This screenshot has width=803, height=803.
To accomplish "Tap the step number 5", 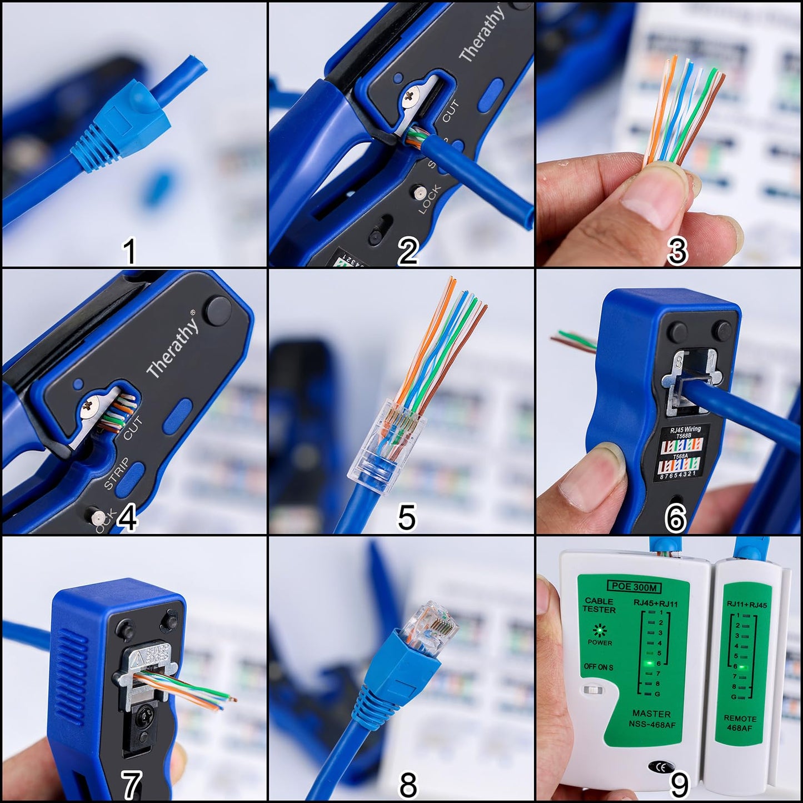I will [407, 517].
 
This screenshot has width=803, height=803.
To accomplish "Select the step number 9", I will [680, 785].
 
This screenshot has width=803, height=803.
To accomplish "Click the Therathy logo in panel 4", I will [172, 345].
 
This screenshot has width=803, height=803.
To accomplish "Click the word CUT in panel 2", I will [450, 112].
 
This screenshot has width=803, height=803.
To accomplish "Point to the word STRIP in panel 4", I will [117, 473].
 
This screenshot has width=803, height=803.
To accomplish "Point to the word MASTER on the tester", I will [651, 714].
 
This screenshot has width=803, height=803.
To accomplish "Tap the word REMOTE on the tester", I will [740, 719].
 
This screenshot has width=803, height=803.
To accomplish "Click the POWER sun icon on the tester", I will [599, 631].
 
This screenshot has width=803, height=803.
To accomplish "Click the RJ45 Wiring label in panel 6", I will [685, 429].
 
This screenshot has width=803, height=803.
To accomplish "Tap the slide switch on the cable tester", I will [593, 690].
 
